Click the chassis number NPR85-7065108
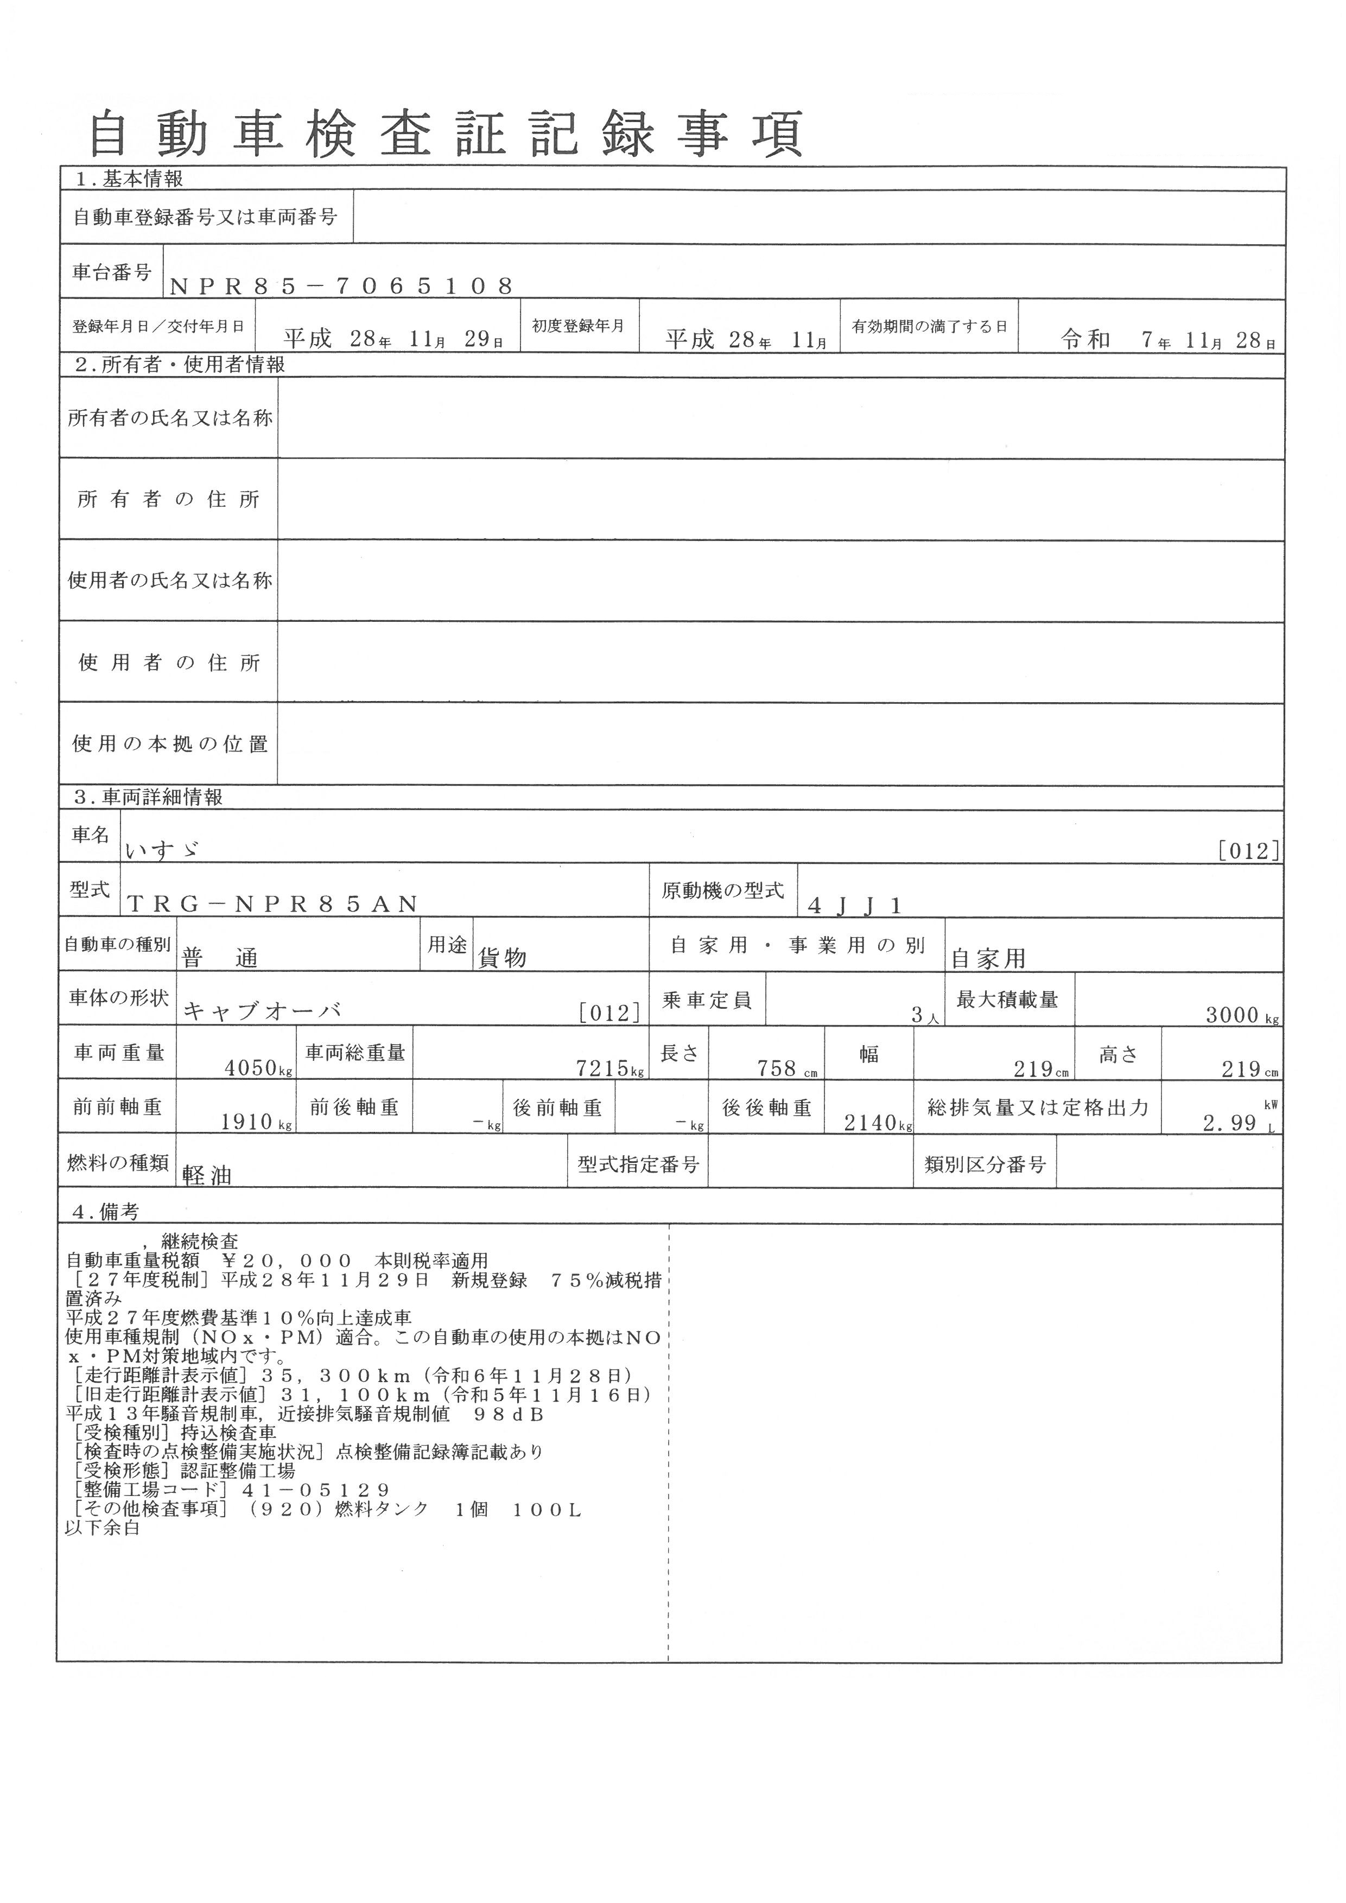coord(341,286)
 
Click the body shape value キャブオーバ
coord(262,1011)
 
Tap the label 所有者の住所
coord(168,499)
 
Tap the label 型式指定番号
coord(638,1164)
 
